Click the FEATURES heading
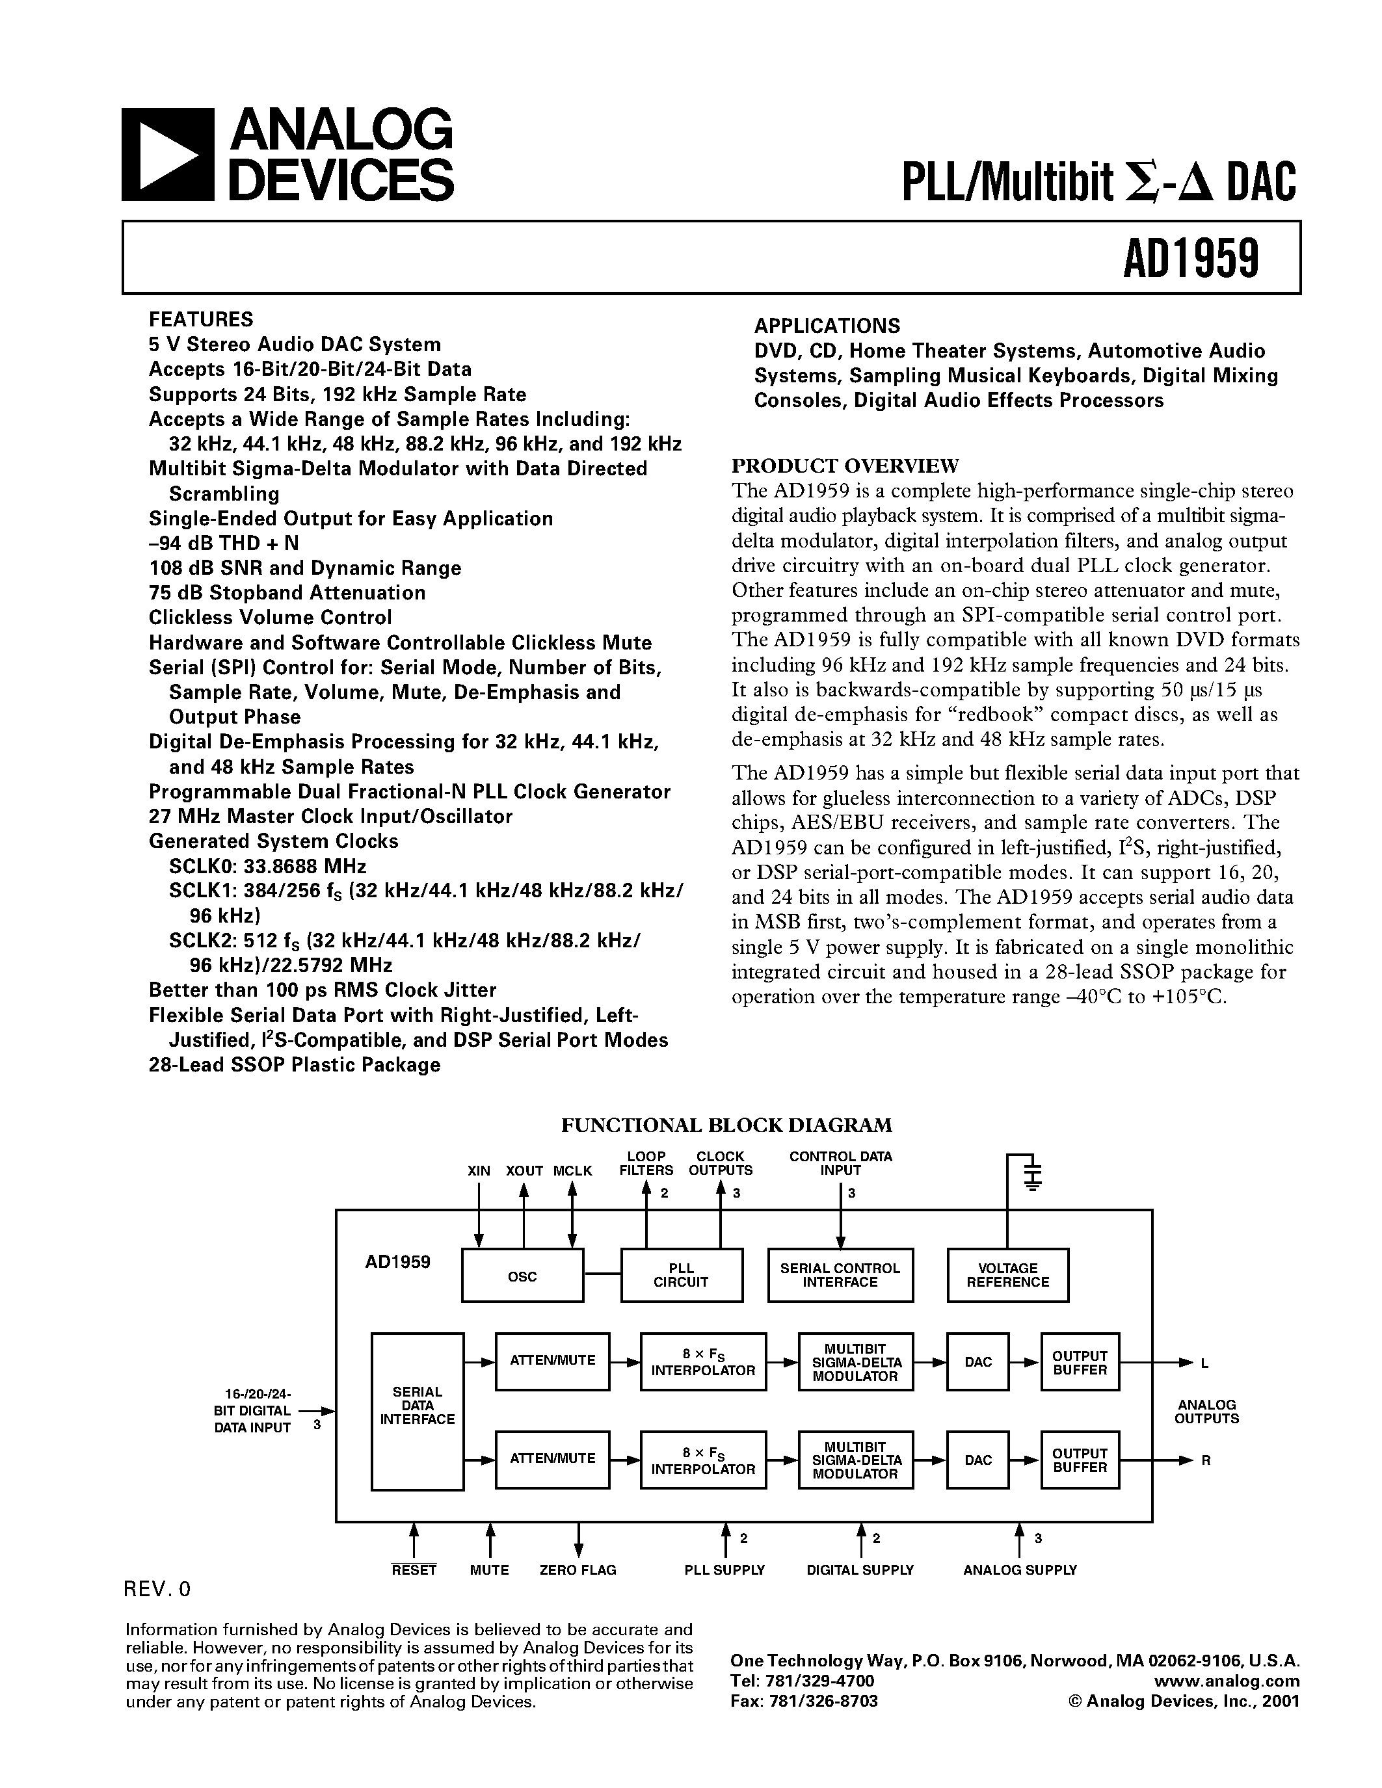[x=200, y=319]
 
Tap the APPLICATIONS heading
[x=827, y=326]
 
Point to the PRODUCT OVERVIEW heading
[x=845, y=466]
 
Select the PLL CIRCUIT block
[x=681, y=1276]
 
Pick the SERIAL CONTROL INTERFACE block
[x=840, y=1276]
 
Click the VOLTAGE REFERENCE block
[x=1008, y=1276]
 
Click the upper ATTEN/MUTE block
[x=553, y=1361]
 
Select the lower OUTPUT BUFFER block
[x=1080, y=1460]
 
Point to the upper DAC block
[x=978, y=1362]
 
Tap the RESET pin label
[x=414, y=1570]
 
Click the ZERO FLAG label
[x=578, y=1570]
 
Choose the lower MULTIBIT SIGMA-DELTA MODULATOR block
[x=855, y=1460]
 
